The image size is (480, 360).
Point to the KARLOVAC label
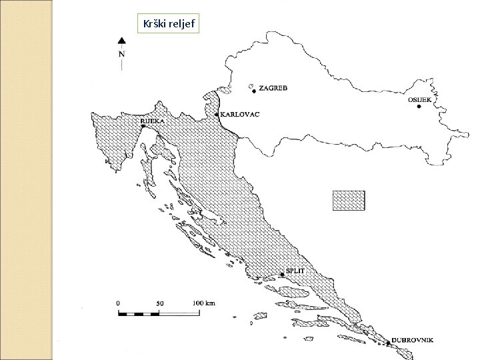[239, 114]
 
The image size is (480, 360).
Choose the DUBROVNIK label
[413, 340]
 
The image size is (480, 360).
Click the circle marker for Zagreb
[252, 87]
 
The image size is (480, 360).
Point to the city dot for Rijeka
[143, 125]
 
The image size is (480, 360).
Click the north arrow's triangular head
[121, 40]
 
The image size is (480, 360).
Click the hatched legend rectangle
[349, 201]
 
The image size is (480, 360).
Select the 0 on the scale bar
[118, 303]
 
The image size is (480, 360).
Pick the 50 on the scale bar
[159, 303]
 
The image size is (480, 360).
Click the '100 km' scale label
[204, 303]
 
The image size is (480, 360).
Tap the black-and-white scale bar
[160, 312]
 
